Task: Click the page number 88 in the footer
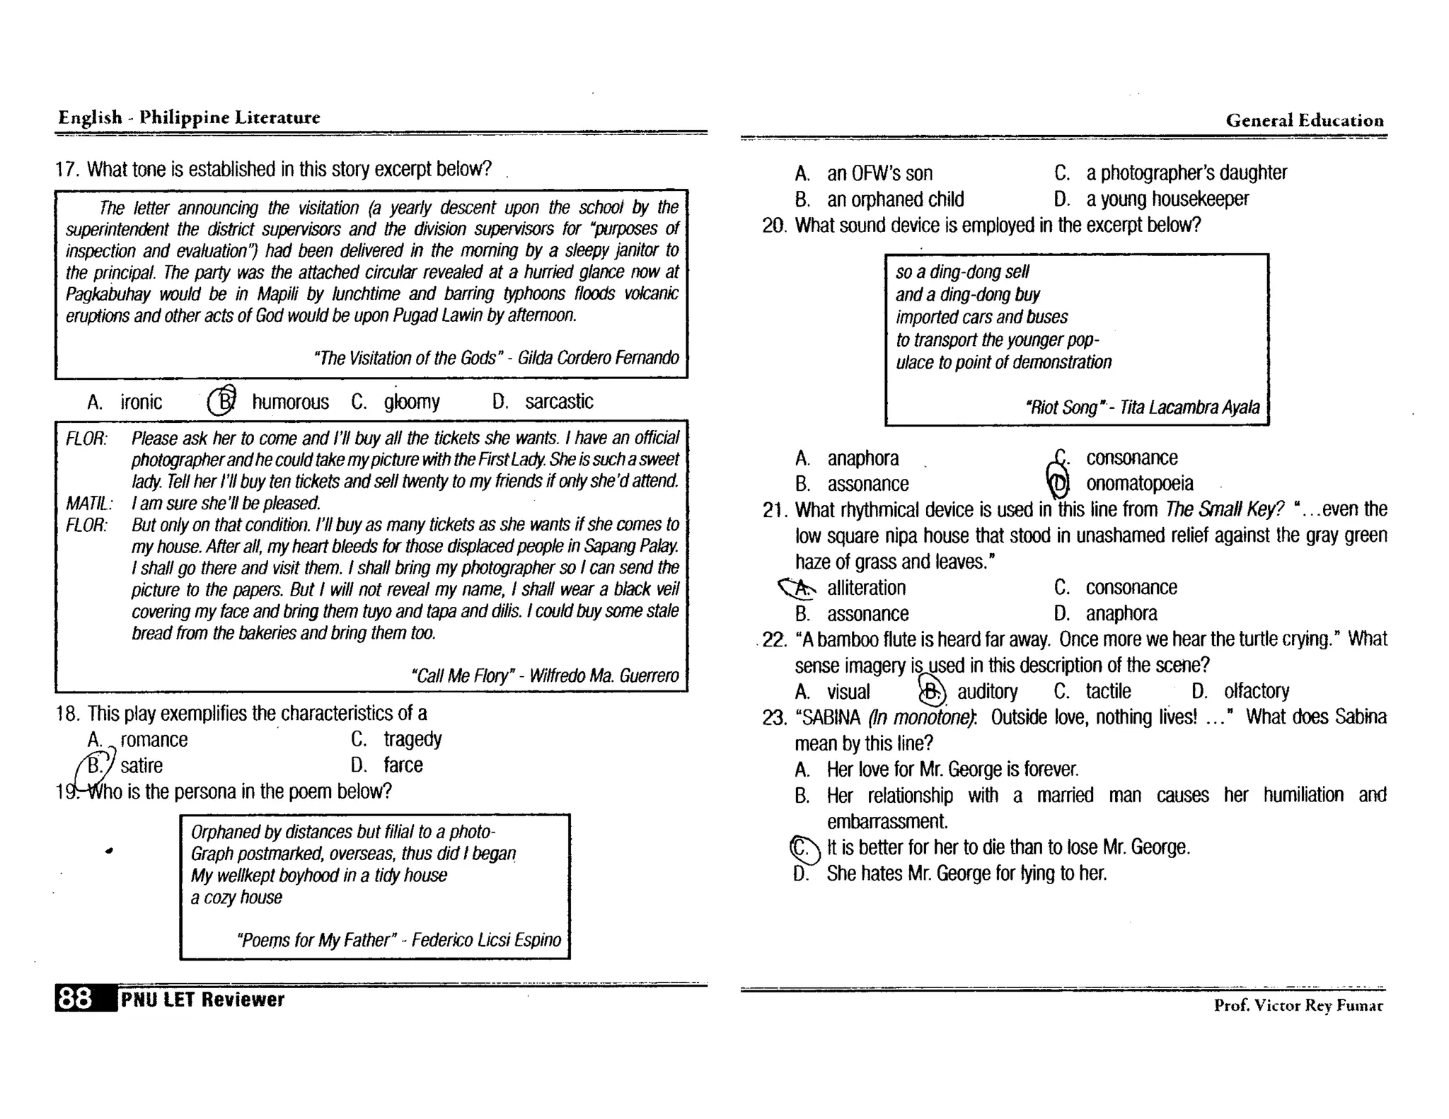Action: (x=76, y=999)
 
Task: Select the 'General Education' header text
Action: (x=1305, y=120)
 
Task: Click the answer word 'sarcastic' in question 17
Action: (x=558, y=402)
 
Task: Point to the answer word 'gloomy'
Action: (x=412, y=402)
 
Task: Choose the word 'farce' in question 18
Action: (x=403, y=765)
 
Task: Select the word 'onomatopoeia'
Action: (x=1139, y=484)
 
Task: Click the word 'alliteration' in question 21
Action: (x=866, y=588)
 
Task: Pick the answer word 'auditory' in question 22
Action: (x=987, y=691)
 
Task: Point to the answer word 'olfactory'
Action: (x=1257, y=691)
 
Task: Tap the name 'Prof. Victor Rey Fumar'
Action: (x=1298, y=1005)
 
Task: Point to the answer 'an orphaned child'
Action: (x=895, y=199)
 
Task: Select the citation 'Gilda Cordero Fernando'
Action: (x=598, y=358)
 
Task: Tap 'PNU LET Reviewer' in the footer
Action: (x=202, y=999)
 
